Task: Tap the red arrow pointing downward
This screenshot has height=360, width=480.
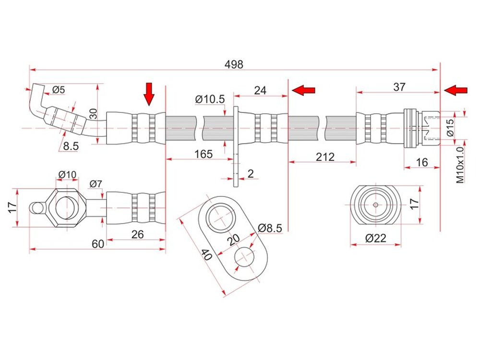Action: (x=149, y=94)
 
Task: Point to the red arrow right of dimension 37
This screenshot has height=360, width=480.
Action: (x=456, y=90)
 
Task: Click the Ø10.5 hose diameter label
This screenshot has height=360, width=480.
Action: (x=210, y=99)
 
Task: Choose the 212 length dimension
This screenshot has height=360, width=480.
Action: (x=322, y=157)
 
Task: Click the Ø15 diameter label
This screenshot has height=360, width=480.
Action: (x=450, y=127)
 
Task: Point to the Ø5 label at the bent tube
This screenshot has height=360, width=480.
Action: (x=59, y=89)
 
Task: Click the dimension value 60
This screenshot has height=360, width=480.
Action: (x=97, y=244)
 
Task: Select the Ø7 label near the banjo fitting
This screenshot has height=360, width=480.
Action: (x=96, y=183)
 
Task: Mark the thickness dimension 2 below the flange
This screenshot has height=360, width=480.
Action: (x=250, y=173)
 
